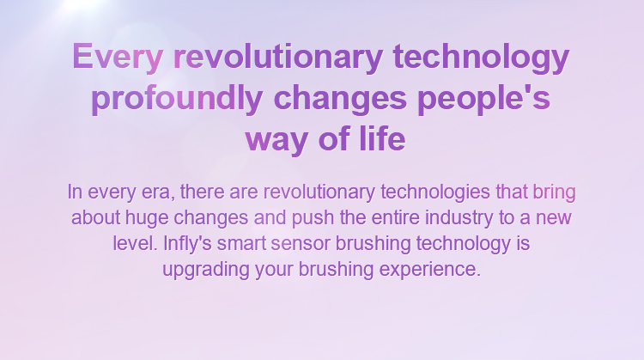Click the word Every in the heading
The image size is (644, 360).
click(x=118, y=58)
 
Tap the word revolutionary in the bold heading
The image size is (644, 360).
click(x=278, y=58)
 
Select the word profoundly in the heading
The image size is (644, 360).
click(x=177, y=99)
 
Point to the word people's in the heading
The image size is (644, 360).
click(x=483, y=99)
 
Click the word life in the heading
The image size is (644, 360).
click(x=382, y=139)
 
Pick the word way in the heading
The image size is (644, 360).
click(x=276, y=141)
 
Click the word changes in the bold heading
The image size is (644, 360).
click(x=340, y=99)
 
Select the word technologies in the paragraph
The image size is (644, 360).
click(x=435, y=192)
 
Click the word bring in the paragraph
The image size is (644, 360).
click(x=554, y=192)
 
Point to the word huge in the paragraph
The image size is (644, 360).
click(x=147, y=218)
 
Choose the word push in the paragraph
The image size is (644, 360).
click(x=313, y=218)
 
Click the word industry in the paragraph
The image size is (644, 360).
click(x=459, y=218)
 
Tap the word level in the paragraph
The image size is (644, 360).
click(x=135, y=243)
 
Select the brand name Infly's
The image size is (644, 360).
click(x=187, y=243)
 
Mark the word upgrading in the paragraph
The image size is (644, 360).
click(x=206, y=270)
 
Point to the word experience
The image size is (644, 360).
click(x=429, y=270)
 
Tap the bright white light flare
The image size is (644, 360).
click(x=83, y=4)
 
